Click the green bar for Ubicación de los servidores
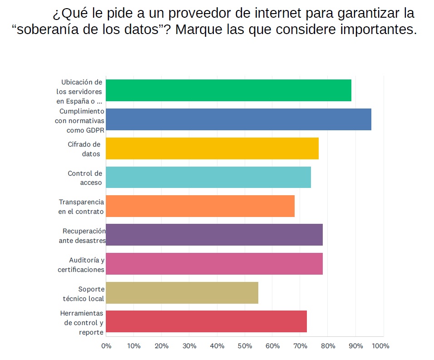(x=228, y=90)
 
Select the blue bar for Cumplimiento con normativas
(x=238, y=119)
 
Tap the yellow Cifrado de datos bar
(x=212, y=148)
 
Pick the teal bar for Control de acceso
(x=208, y=178)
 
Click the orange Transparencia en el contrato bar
(x=200, y=206)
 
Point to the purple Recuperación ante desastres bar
(x=214, y=235)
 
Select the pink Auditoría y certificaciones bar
(x=214, y=264)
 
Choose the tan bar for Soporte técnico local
(x=182, y=293)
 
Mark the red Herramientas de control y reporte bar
(x=206, y=322)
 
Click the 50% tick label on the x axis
(x=245, y=346)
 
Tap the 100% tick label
(x=380, y=346)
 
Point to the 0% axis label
(x=106, y=346)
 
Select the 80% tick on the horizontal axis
(x=328, y=346)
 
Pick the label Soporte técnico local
(x=84, y=293)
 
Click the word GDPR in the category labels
(x=95, y=130)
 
